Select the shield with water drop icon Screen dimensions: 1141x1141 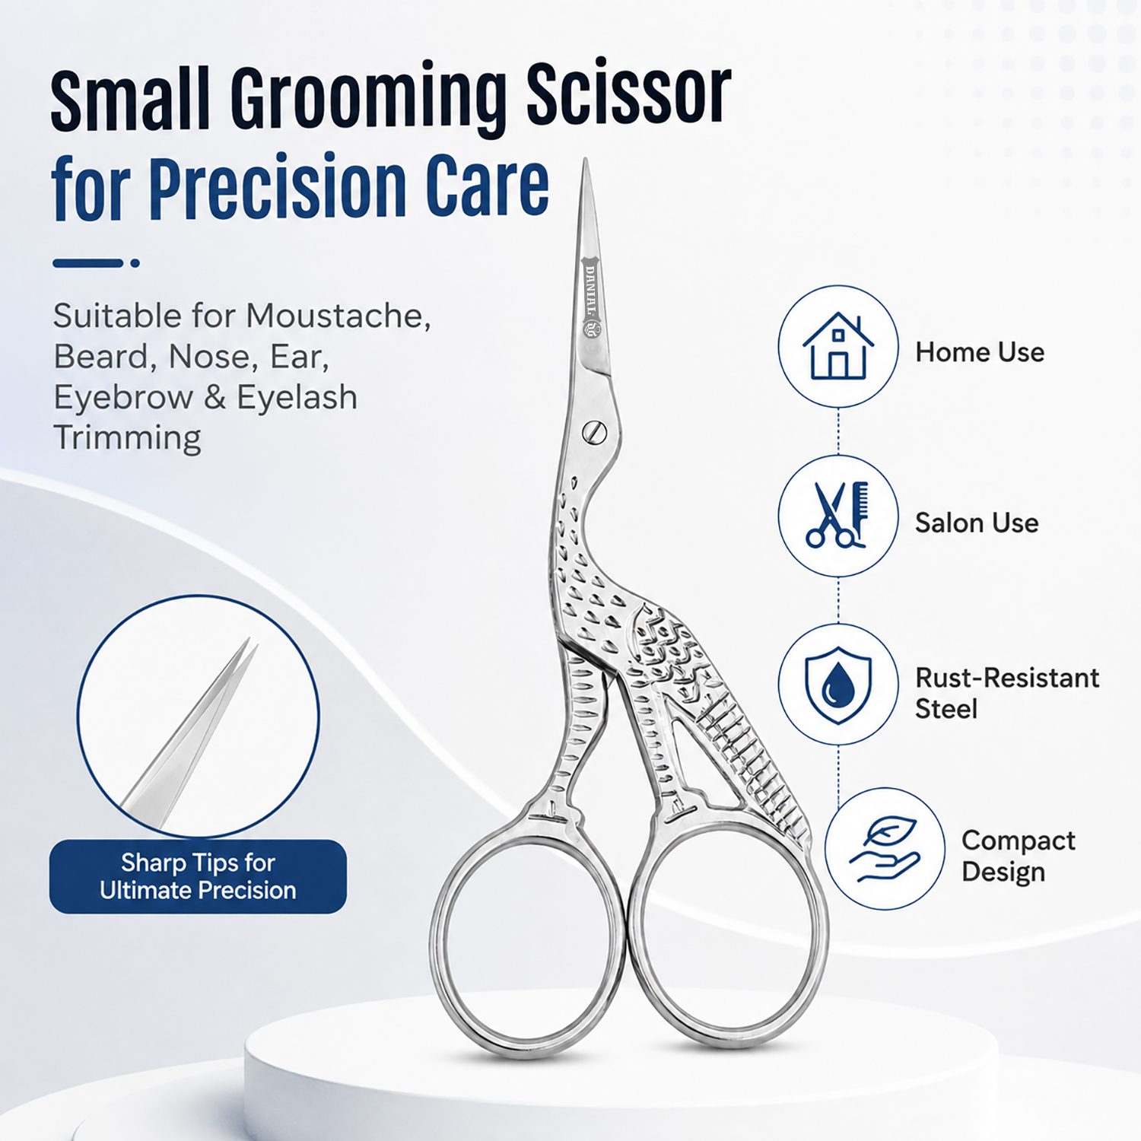click(x=838, y=685)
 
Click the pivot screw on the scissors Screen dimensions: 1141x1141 click(x=595, y=431)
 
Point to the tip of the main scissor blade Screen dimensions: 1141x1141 click(x=585, y=160)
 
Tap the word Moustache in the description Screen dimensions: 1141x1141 click(x=338, y=316)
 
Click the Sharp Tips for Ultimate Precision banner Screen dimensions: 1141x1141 click(x=198, y=876)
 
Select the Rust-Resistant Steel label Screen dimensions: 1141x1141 click(x=1007, y=693)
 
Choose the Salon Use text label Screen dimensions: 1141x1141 click(x=977, y=523)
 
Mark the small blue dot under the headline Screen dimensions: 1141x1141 click(x=135, y=263)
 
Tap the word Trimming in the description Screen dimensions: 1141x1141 click(x=127, y=438)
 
